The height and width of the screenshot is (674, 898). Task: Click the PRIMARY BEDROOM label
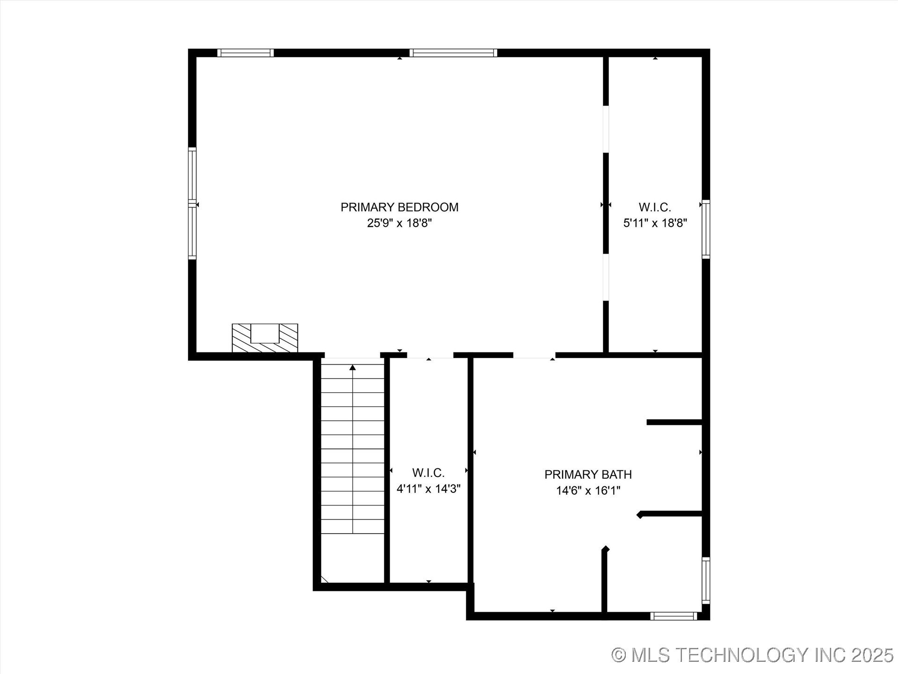click(399, 207)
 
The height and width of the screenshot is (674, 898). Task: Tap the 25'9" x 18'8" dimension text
click(399, 223)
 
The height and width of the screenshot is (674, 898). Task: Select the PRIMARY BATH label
click(588, 475)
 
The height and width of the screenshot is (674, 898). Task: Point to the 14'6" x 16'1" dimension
click(588, 491)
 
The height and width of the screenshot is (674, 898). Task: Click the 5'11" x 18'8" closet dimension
click(655, 223)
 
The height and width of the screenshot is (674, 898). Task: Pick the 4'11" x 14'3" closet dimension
click(428, 489)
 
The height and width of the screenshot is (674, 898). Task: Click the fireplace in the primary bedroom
click(265, 338)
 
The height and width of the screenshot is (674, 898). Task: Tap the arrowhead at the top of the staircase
click(353, 368)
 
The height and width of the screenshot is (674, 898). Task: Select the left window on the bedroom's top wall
click(246, 53)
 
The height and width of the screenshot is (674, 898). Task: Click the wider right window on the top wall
click(453, 53)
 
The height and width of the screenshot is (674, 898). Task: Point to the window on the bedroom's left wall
click(192, 204)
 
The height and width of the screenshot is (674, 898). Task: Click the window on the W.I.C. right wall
click(706, 229)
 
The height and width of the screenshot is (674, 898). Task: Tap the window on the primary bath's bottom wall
click(674, 616)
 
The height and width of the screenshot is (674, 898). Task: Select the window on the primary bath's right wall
click(706, 580)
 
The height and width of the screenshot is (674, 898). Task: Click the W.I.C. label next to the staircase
click(428, 473)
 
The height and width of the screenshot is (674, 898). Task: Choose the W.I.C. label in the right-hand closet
click(655, 207)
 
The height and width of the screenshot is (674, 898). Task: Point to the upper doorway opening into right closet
click(606, 129)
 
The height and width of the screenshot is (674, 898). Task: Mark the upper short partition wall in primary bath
click(674, 422)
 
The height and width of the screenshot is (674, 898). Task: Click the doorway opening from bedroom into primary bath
click(534, 355)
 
